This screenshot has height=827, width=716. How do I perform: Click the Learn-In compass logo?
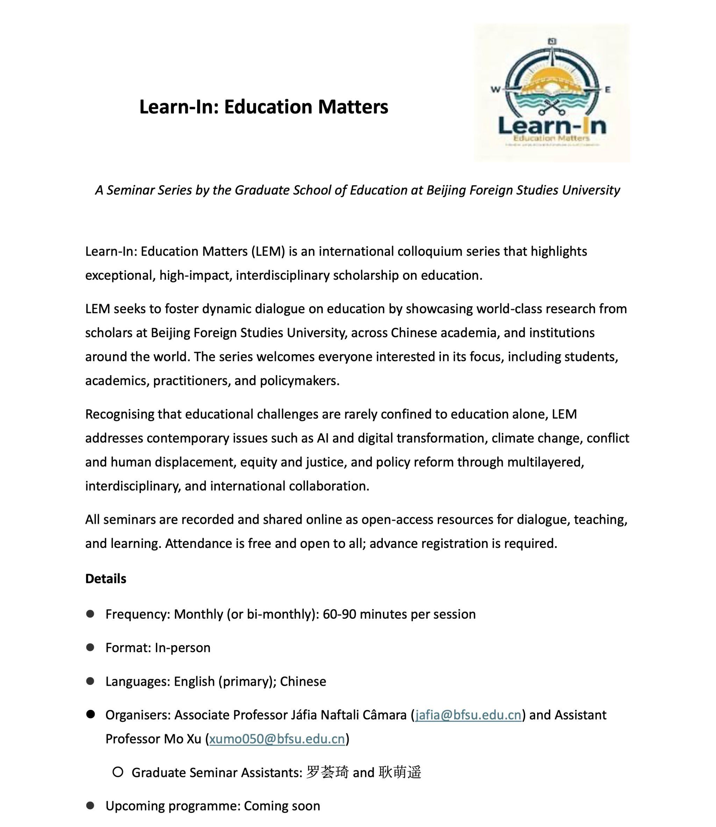pos(552,92)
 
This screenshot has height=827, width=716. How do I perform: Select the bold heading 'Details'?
pos(106,578)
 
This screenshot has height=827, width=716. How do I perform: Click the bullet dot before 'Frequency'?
pos(90,614)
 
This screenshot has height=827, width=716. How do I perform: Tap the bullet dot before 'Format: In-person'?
pos(90,648)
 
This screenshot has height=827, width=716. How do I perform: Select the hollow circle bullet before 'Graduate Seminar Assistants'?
pos(118,772)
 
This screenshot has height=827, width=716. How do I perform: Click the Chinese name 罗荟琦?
pos(327,772)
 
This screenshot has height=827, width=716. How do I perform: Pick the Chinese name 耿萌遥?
pos(400,772)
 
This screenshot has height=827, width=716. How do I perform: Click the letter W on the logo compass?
pos(495,90)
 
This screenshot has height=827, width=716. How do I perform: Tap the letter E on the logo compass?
pos(607,90)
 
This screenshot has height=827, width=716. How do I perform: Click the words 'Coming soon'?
pos(282,806)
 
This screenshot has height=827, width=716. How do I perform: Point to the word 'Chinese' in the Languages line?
pos(303,681)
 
